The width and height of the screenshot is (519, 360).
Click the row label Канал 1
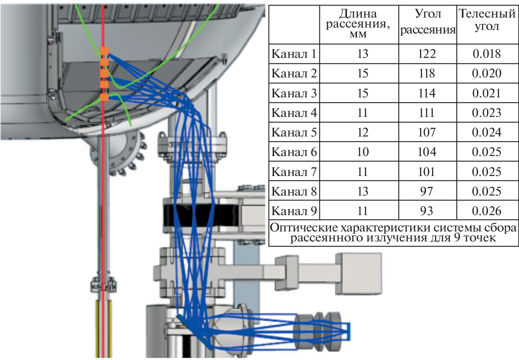pyautogui.click(x=294, y=54)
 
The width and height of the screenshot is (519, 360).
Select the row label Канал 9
pyautogui.click(x=294, y=211)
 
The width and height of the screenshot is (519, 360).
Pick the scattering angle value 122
pyautogui.click(x=427, y=54)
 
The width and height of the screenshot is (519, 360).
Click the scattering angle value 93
pyautogui.click(x=427, y=211)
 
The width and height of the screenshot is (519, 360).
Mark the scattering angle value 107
pyautogui.click(x=427, y=133)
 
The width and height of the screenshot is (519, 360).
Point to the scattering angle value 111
pyautogui.click(x=427, y=113)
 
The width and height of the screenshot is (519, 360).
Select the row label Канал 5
pyautogui.click(x=294, y=133)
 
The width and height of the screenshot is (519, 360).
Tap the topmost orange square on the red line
pyautogui.click(x=104, y=51)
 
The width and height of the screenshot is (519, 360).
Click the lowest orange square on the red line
pyautogui.click(x=104, y=97)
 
